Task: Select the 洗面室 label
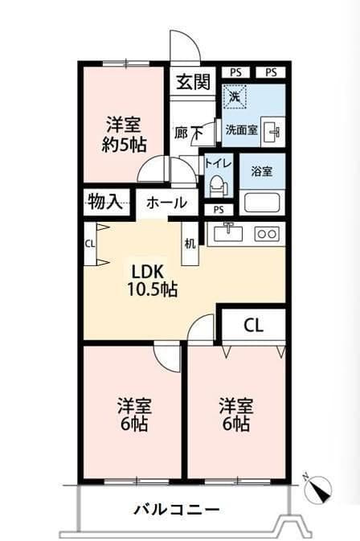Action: [x=241, y=129]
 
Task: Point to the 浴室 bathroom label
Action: [x=263, y=170]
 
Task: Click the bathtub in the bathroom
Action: [x=263, y=202]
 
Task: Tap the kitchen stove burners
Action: [x=266, y=234]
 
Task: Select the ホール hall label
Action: [x=166, y=203]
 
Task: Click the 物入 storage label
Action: [x=104, y=201]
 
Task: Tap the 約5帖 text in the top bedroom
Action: [x=124, y=145]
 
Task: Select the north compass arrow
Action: [x=318, y=488]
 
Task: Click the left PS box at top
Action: [x=235, y=72]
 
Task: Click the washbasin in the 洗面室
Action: [x=272, y=131]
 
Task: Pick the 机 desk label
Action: [x=190, y=244]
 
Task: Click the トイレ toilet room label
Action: [x=218, y=163]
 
